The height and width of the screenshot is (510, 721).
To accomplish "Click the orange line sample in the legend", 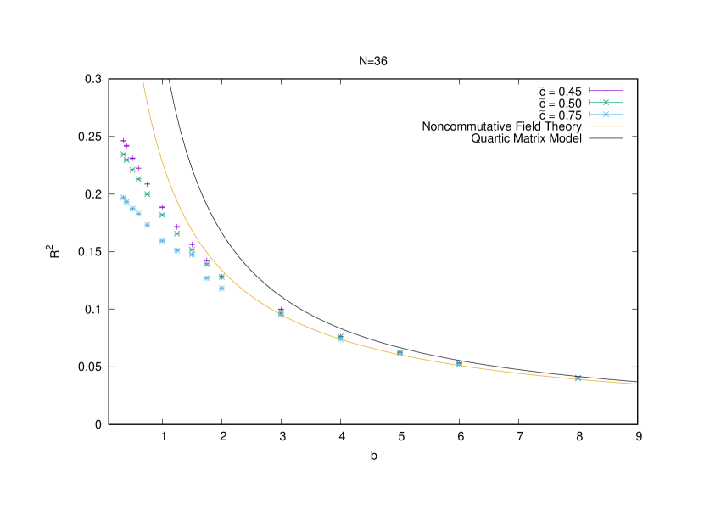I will [606, 126].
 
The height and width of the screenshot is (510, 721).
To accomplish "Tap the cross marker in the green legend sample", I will [606, 103].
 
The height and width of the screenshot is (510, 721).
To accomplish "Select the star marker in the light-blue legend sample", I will [606, 115].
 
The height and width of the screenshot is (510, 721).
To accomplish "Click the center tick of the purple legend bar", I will [606, 91].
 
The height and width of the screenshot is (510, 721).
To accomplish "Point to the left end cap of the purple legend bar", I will [590, 91].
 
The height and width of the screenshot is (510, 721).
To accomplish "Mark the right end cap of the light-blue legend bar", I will [623, 115].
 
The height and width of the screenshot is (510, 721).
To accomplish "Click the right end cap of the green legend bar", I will [623, 103].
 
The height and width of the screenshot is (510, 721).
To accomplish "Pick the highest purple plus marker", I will [124, 141].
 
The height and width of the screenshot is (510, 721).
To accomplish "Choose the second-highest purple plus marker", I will [126, 146].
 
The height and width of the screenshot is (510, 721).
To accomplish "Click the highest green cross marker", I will [124, 154].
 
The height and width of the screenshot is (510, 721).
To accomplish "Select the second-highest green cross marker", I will [126, 160].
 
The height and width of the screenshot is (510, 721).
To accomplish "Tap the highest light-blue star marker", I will [124, 198].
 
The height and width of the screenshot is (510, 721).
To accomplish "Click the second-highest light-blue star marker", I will [126, 202].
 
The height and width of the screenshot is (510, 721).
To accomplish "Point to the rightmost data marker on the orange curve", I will [578, 378].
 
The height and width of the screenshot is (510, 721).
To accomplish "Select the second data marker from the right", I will [459, 364].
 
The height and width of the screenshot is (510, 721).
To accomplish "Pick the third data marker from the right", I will [400, 352].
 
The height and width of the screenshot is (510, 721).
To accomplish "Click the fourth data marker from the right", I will [340, 338].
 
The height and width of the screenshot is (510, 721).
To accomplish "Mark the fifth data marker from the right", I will [281, 313].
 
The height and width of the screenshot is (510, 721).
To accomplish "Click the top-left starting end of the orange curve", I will [143, 81].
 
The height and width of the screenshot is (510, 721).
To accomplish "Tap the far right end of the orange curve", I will [636, 384].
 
